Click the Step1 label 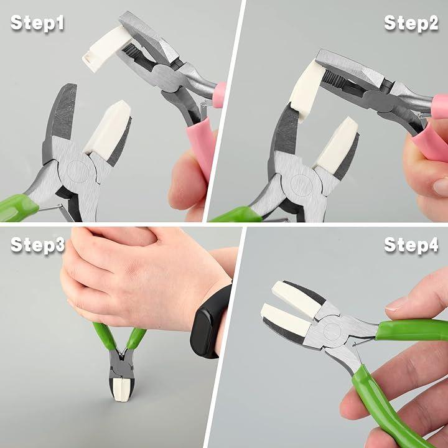point(37,23)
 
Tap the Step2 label point(411,23)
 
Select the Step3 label point(38,245)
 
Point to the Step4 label point(411,245)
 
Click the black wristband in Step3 point(211,322)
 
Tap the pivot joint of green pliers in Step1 point(77,172)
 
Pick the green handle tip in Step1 point(17,208)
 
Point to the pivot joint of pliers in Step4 point(332,331)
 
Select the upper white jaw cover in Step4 point(297,299)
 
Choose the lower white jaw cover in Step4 point(286,319)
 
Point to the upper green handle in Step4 point(412,330)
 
